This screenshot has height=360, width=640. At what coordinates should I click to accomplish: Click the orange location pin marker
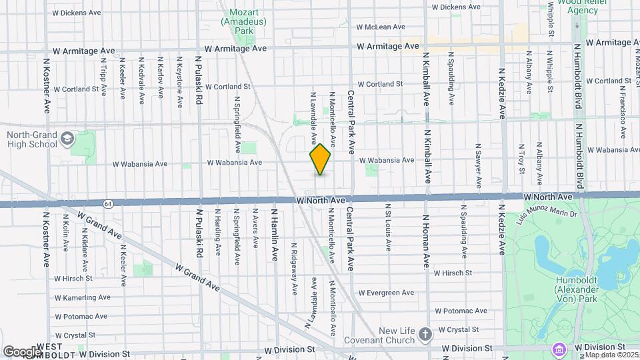tap(320, 159)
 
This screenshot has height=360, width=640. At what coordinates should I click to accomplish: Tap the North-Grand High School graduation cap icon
tap(66, 139)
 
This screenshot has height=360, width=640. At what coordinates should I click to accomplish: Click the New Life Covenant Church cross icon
tap(425, 332)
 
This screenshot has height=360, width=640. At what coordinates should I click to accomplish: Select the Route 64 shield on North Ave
tap(107, 202)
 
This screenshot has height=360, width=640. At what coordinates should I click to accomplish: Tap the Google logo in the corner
tap(21, 351)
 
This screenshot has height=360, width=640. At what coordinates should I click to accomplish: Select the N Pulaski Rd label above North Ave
tap(199, 81)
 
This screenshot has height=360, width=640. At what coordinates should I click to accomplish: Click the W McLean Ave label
tap(381, 27)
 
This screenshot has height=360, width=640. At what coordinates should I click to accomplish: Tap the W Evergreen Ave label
tap(385, 293)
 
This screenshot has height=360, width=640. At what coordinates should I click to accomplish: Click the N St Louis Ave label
tap(386, 227)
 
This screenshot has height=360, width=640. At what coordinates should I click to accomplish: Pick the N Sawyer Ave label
tap(478, 164)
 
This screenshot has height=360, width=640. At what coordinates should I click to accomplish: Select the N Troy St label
tap(522, 158)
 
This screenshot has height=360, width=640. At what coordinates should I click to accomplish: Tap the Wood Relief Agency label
tap(578, 7)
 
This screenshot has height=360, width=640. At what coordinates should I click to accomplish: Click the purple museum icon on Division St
tap(559, 348)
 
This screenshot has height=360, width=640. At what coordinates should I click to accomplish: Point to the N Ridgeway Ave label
tap(294, 268)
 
